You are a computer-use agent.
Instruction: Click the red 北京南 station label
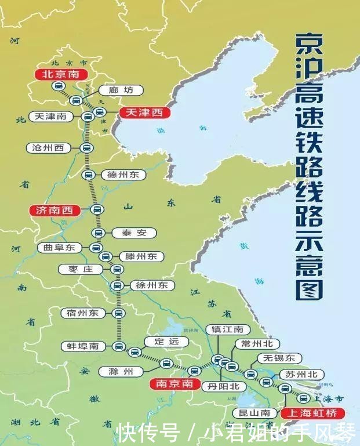click(x=61, y=74)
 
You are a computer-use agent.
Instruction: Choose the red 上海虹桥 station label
click(x=312, y=413)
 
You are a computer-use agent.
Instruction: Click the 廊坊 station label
click(x=121, y=90)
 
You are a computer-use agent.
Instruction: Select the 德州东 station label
click(x=123, y=175)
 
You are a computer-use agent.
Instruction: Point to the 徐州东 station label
click(x=151, y=285)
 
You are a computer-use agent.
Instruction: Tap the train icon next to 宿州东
click(x=118, y=313)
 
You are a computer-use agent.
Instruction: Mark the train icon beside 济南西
click(x=97, y=210)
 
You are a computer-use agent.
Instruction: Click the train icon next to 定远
click(x=134, y=351)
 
